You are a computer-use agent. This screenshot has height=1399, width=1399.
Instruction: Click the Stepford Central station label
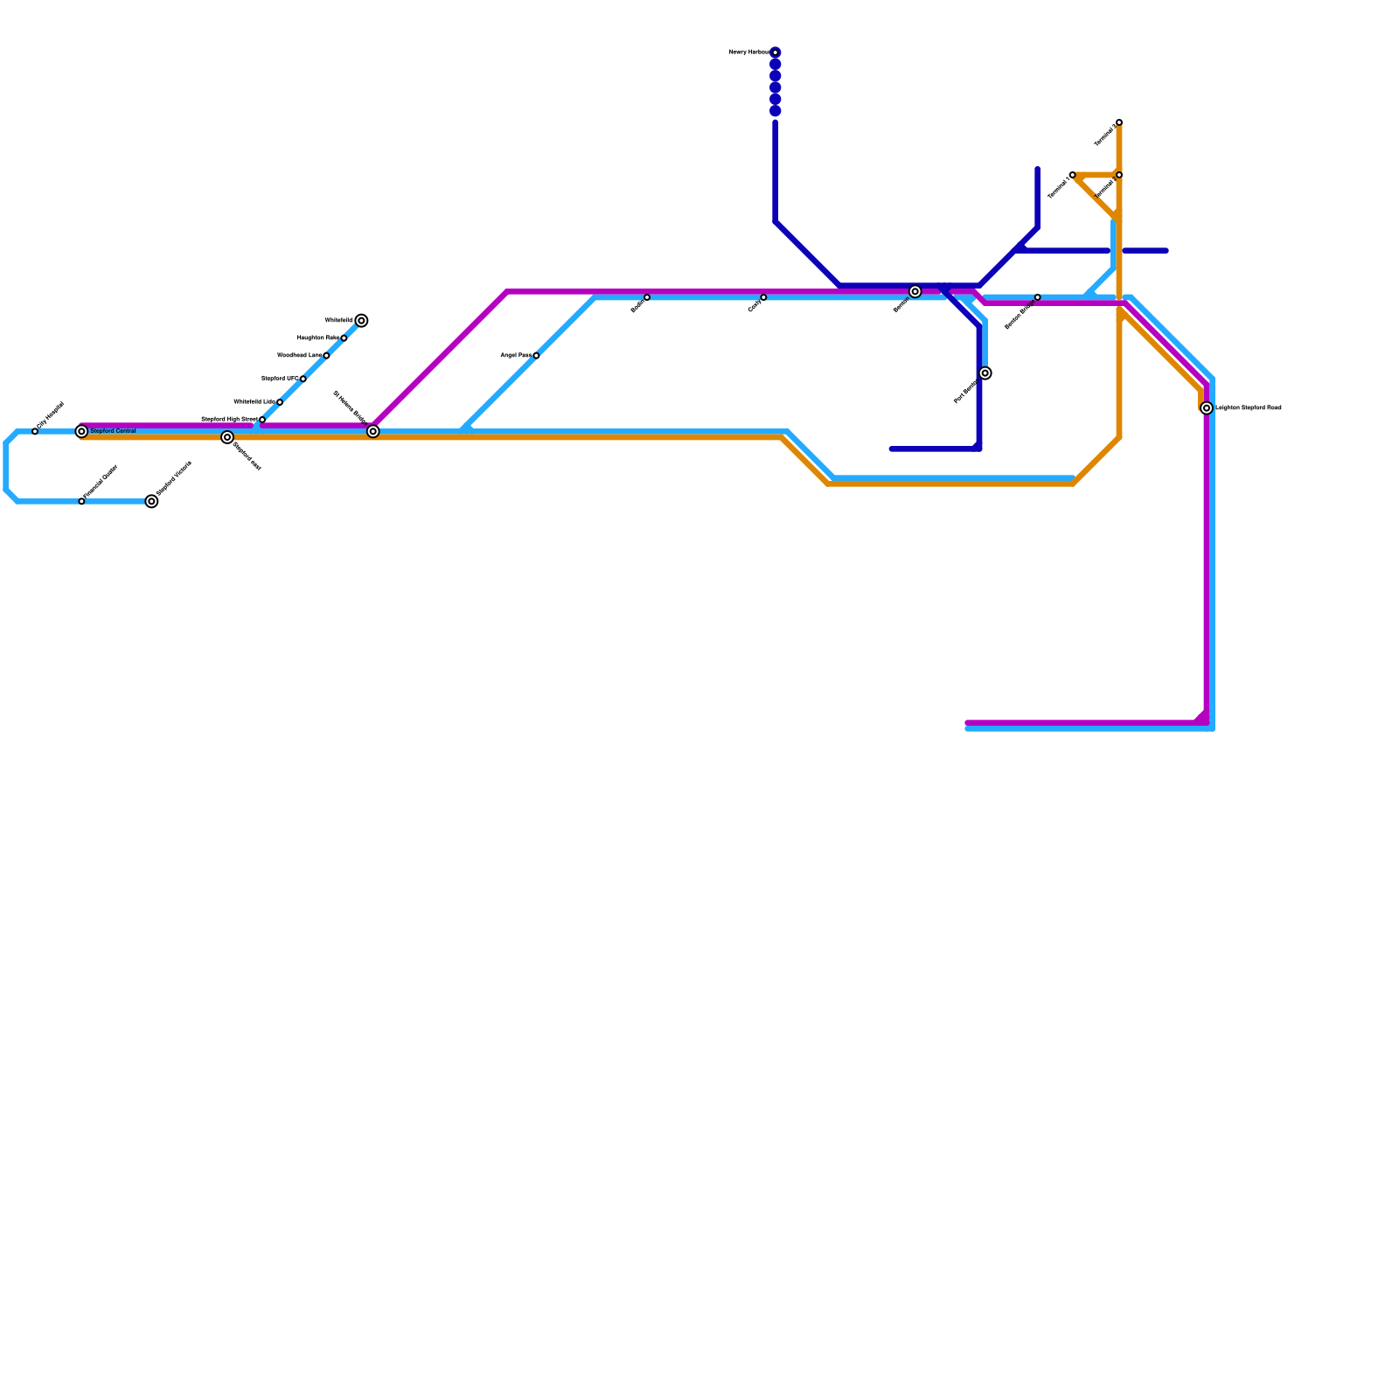[x=113, y=431]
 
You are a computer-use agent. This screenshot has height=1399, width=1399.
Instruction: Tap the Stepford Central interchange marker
[x=81, y=432]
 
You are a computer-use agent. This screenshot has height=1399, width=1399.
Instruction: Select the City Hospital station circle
[x=35, y=432]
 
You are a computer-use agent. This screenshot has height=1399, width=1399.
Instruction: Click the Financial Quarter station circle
[x=81, y=502]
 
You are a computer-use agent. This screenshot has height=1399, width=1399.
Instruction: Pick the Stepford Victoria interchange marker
[x=151, y=502]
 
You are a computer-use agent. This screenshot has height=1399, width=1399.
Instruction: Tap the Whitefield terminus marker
[x=361, y=321]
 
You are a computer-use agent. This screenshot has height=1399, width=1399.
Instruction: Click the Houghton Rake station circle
[x=344, y=338]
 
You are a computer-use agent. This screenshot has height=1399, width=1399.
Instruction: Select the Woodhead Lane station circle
[x=326, y=356]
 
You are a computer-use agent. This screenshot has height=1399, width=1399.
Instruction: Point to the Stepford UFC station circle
[x=303, y=379]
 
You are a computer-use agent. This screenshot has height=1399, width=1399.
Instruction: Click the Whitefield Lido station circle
[x=280, y=402]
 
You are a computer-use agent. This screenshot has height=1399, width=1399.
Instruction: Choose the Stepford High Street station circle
[x=262, y=420]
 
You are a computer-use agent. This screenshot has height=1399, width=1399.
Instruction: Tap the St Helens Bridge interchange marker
[x=373, y=432]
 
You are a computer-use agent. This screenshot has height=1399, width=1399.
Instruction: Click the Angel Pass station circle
[x=536, y=356]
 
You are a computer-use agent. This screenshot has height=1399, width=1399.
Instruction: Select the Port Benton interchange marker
[x=985, y=373]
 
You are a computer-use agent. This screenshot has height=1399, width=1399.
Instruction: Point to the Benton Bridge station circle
[x=1038, y=297]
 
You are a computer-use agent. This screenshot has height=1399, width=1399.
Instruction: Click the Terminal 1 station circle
[x=1073, y=175]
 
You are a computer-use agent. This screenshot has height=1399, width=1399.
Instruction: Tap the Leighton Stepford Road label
[x=1248, y=408]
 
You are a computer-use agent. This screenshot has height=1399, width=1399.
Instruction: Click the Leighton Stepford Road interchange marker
[x=1207, y=408]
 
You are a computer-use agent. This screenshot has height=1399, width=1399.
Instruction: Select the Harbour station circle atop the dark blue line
[x=776, y=52]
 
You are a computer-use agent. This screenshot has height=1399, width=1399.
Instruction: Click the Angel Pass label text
[x=515, y=356]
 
